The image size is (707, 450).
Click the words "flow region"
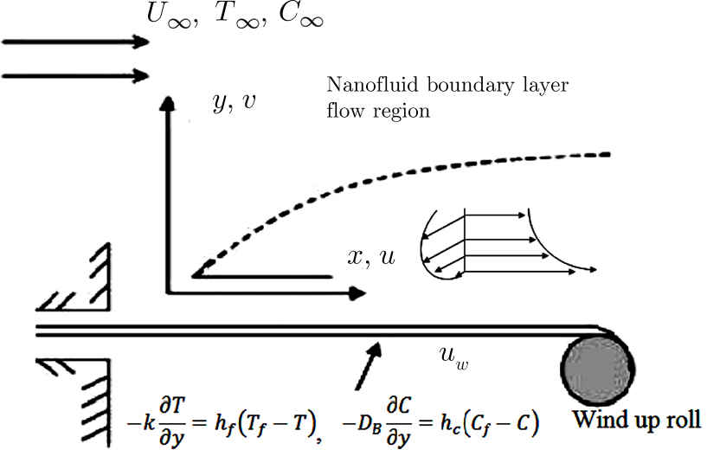377,112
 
